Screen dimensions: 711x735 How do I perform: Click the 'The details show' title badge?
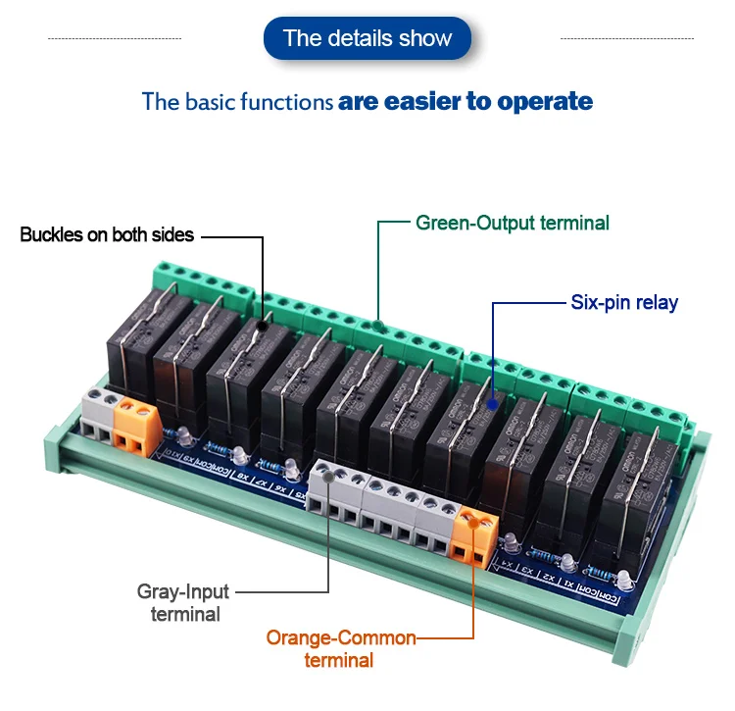(367, 38)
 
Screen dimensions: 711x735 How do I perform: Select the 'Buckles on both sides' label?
(107, 235)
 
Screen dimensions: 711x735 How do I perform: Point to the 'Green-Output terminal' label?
(512, 223)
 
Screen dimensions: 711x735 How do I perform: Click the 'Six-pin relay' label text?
(623, 302)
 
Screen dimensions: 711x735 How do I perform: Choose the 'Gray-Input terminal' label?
(183, 602)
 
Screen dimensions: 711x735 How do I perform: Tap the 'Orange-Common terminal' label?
(340, 648)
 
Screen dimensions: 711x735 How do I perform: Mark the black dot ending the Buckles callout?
(262, 319)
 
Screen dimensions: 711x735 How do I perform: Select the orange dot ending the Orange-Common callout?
(474, 522)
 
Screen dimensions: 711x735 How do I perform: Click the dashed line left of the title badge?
(115, 38)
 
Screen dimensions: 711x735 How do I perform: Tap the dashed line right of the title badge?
(626, 38)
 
